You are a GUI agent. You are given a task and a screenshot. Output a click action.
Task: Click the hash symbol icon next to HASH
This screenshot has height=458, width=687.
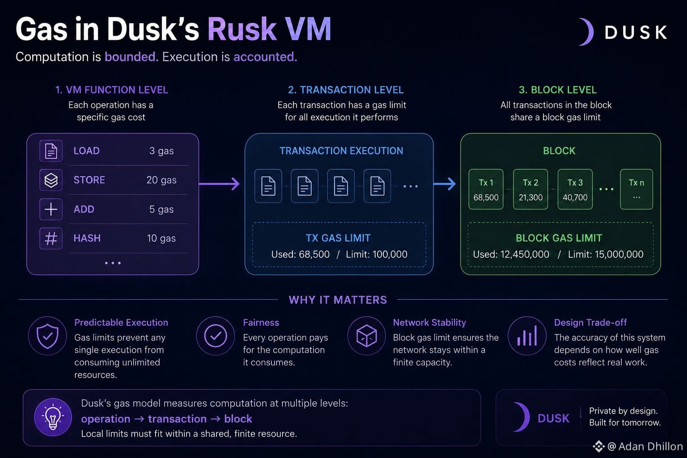51,238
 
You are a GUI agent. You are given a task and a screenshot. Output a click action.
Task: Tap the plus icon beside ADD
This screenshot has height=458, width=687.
51,209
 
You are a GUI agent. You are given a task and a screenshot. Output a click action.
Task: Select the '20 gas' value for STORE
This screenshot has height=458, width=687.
161,180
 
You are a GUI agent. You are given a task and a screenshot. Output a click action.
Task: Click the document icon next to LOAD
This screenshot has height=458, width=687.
51,151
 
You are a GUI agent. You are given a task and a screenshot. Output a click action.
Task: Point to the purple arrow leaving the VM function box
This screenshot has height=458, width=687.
219,184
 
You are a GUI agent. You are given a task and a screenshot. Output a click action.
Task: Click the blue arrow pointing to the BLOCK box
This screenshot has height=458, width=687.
445,184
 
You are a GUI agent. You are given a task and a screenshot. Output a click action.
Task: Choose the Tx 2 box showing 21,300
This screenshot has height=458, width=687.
530,189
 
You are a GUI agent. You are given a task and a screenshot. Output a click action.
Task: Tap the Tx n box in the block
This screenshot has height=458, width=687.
636,189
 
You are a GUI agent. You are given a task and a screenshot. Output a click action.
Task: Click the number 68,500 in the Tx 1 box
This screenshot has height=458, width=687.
486,197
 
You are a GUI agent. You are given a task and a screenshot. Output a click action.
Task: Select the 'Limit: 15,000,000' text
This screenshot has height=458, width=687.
606,254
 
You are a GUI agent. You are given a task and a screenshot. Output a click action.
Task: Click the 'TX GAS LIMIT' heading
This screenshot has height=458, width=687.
338,238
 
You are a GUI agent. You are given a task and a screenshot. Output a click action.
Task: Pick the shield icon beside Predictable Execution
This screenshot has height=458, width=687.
47,336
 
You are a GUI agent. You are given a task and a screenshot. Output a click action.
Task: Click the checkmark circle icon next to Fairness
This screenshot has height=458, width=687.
216,336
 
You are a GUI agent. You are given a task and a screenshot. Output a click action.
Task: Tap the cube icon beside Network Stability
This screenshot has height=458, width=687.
366,336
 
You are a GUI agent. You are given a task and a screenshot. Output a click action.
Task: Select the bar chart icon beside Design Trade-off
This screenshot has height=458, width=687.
527,335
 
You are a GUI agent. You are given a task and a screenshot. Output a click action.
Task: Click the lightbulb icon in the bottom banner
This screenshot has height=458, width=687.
53,417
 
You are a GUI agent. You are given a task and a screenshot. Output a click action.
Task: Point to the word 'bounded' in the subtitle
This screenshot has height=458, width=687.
130,57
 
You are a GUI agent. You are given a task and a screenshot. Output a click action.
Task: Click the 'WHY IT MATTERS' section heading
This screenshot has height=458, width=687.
338,300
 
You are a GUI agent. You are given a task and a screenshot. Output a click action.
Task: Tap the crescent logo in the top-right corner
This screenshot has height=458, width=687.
586,32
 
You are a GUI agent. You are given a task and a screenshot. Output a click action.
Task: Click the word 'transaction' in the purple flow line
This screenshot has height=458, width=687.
177,419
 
